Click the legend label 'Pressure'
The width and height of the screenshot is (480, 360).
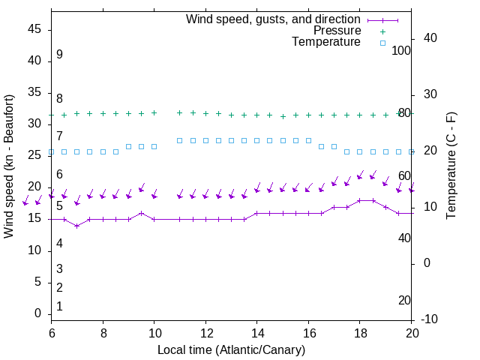coord(337,31)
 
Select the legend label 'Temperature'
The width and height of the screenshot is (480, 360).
coord(326,42)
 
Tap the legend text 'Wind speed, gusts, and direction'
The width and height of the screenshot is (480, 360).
coord(274,19)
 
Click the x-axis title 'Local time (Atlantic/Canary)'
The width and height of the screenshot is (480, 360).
coord(232,349)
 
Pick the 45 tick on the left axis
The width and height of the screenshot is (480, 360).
coord(34,29)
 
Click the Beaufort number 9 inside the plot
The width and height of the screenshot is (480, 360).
coord(59,55)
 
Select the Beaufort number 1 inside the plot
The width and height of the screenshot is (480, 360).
coord(59,307)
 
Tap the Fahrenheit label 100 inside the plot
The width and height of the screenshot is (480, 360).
coord(402,50)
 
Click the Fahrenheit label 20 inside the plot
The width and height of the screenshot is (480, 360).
coord(404,300)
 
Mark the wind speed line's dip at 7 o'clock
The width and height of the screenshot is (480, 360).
coord(76,226)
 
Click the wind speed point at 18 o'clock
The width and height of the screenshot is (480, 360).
coord(360,200)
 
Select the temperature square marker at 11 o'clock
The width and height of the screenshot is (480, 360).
coord(180,140)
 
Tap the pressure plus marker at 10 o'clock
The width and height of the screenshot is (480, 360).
coord(154,112)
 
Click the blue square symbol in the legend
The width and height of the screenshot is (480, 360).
coord(382,43)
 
